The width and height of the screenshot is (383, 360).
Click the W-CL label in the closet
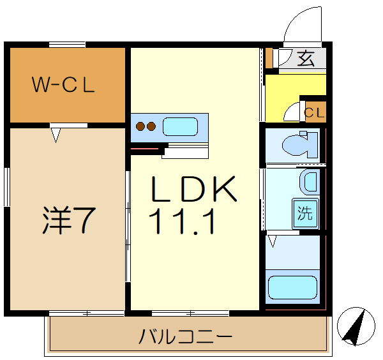click(64, 85)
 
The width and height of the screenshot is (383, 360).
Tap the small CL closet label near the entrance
click(314, 114)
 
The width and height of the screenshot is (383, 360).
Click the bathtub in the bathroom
click(293, 287)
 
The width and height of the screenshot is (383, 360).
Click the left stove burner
click(140, 126)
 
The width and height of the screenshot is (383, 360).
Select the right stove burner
click(151, 126)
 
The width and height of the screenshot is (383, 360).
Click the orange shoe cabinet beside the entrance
click(269, 58)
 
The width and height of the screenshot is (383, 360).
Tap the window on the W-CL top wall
click(67, 44)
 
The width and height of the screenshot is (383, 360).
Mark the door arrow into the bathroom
click(273, 241)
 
